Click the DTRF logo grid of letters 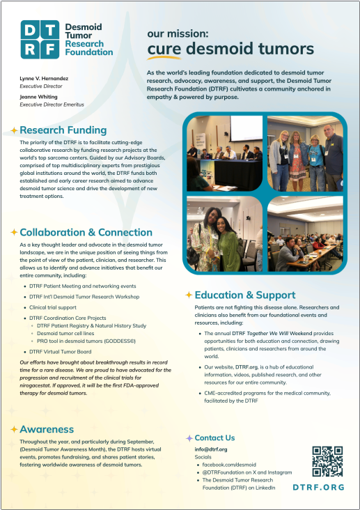pyautogui.click(x=40, y=40)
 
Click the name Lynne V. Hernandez pyautogui.click(x=45, y=79)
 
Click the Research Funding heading pyautogui.click(x=63, y=130)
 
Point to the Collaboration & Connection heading pyautogui.click(x=86, y=232)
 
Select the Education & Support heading pyautogui.click(x=245, y=295)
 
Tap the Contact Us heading pyautogui.click(x=214, y=438)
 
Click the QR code pyautogui.click(x=327, y=461)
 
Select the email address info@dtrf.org pyautogui.click(x=211, y=450)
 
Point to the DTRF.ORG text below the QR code pyautogui.click(x=318, y=488)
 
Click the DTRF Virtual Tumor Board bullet pyautogui.click(x=61, y=352)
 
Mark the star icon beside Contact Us pyautogui.click(x=189, y=438)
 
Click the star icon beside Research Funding pyautogui.click(x=14, y=130)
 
